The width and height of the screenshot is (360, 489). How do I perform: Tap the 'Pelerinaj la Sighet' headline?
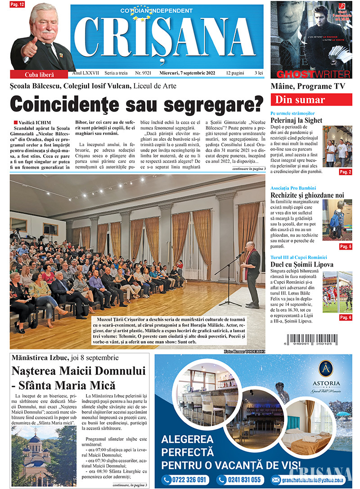click(297, 120)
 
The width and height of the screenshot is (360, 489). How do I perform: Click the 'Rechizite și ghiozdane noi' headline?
click(307, 195)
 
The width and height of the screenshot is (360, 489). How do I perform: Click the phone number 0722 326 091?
click(186, 480)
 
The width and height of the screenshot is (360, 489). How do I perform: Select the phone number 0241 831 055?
click(240, 480)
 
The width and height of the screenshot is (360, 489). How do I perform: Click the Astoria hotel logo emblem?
click(325, 368)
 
